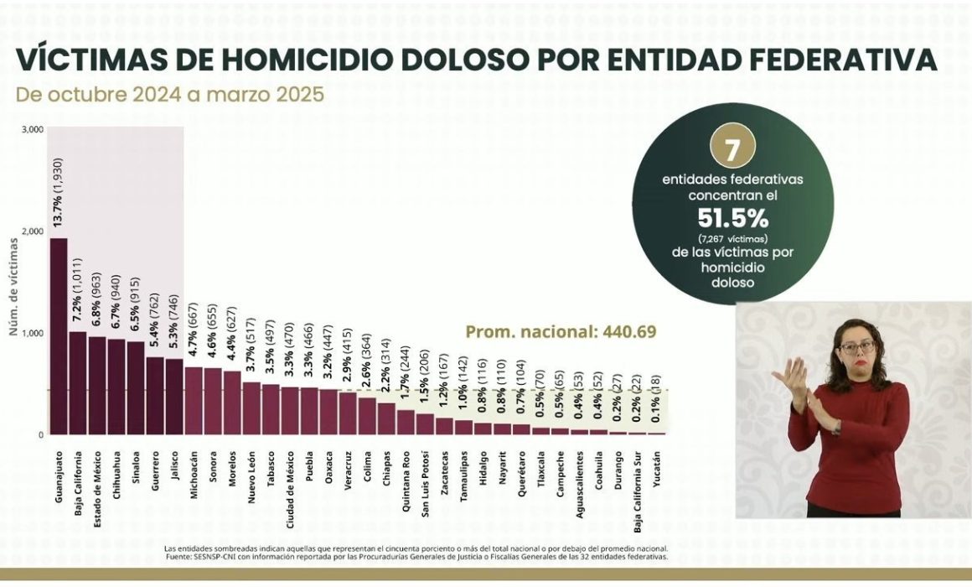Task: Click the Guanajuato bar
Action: tap(59, 336)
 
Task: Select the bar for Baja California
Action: tap(78, 383)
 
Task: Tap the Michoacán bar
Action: tap(194, 401)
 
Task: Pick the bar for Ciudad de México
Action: tap(289, 411)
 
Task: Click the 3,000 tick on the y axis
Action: tap(33, 129)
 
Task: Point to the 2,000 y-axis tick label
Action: tap(33, 231)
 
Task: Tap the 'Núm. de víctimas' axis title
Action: tap(13, 287)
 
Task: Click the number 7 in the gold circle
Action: tap(732, 149)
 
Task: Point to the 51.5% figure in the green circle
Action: tap(732, 218)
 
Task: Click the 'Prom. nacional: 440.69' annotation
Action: tap(561, 332)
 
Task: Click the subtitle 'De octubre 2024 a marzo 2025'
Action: tap(170, 94)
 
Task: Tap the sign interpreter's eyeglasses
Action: tap(856, 346)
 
